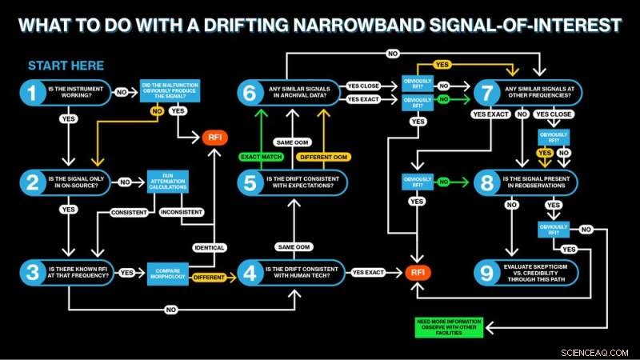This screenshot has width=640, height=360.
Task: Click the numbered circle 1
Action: pyautogui.click(x=32, y=94)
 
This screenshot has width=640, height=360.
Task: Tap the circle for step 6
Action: pyautogui.click(x=249, y=94)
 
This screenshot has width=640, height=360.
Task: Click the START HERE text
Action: pyautogui.click(x=66, y=66)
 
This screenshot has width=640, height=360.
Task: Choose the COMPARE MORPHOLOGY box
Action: pyautogui.click(x=166, y=273)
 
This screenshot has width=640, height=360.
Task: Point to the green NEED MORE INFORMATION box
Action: pyautogui.click(x=450, y=327)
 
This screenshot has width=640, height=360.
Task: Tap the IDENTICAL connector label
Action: pyautogui.click(x=209, y=247)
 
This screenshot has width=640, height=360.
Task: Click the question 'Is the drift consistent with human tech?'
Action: pyautogui.click(x=304, y=272)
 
